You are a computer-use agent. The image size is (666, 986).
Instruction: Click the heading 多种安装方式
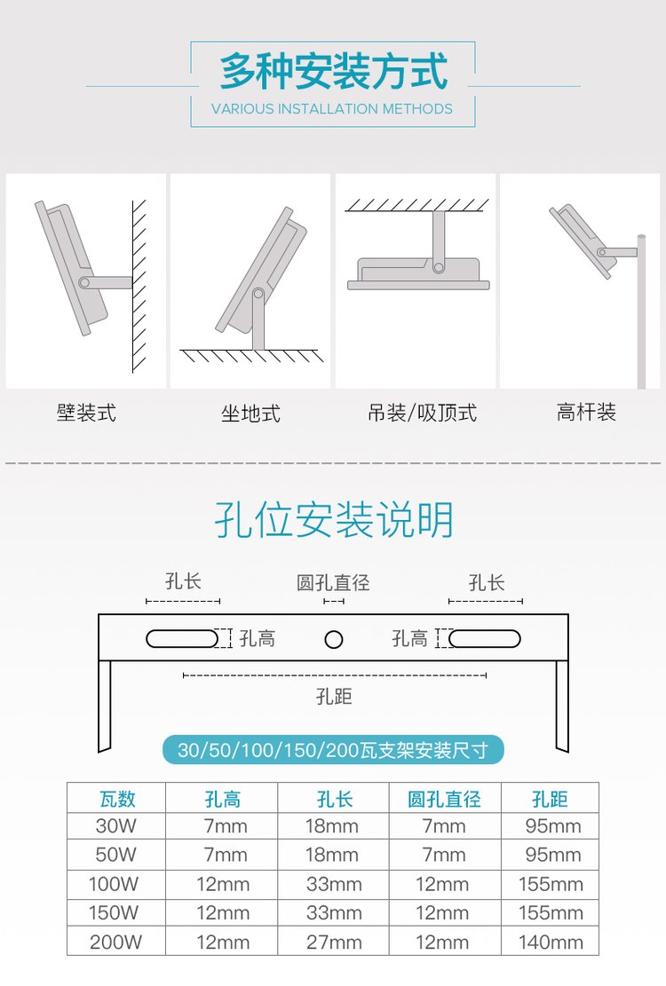click(x=333, y=71)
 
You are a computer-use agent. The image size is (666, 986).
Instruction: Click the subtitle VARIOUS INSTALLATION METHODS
click(x=332, y=109)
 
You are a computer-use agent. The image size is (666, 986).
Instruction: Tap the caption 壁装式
click(x=86, y=413)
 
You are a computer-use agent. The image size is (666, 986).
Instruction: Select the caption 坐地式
click(x=250, y=414)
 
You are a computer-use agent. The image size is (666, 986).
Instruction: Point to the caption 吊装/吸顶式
click(x=422, y=413)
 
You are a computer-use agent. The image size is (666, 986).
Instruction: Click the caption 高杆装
click(x=586, y=412)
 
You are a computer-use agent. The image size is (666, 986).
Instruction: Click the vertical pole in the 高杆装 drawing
click(x=641, y=312)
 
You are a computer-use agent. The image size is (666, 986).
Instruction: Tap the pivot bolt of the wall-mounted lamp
click(x=84, y=283)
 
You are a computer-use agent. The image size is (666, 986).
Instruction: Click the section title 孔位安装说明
click(x=334, y=520)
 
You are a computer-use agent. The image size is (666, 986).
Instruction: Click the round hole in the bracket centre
click(x=333, y=640)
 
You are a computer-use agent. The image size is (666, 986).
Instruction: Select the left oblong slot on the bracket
click(x=182, y=639)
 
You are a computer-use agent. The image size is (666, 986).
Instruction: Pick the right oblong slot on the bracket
click(x=485, y=639)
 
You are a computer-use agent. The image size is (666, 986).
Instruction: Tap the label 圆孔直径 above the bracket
click(x=333, y=582)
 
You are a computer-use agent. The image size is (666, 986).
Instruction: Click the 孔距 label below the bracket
click(x=334, y=696)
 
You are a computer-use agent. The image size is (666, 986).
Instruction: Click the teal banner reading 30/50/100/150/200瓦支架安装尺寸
click(x=333, y=750)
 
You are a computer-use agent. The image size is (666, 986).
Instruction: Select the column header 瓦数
click(x=117, y=799)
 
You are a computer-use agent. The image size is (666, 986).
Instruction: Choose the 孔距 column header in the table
click(x=550, y=799)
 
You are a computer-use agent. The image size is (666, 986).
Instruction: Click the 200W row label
click(x=115, y=942)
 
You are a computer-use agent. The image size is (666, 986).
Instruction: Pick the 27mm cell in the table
click(x=334, y=942)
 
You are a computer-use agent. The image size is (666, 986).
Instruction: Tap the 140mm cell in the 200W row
click(x=551, y=942)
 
